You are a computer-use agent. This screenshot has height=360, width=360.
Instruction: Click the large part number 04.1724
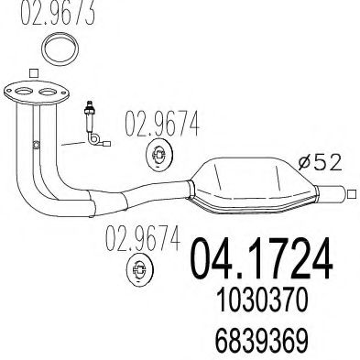[x=259, y=258]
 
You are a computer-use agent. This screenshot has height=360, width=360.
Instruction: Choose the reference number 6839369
[x=259, y=338]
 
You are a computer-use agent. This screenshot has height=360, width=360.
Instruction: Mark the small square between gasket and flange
[x=34, y=72]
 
